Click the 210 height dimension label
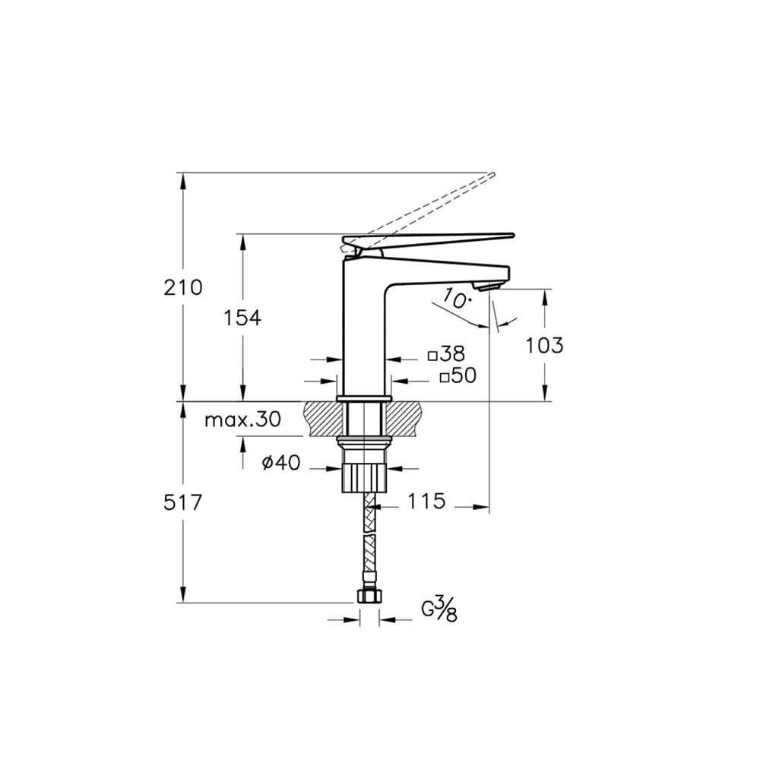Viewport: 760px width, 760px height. (182, 287)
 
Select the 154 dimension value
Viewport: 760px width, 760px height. (242, 318)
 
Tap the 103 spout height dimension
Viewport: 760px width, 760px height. (545, 345)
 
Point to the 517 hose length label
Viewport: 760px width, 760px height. (182, 502)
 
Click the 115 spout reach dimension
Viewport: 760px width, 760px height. (426, 501)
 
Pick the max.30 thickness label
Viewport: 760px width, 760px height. (243, 420)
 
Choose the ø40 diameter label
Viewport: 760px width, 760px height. (280, 463)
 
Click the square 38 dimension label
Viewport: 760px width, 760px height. (446, 354)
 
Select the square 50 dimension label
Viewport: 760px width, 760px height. (458, 375)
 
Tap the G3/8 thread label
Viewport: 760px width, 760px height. (439, 610)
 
